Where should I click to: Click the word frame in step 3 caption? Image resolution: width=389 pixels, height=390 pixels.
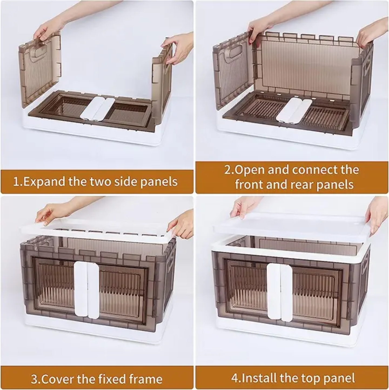(x=145, y=379)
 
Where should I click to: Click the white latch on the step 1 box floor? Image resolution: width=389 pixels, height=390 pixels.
(x=98, y=108)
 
